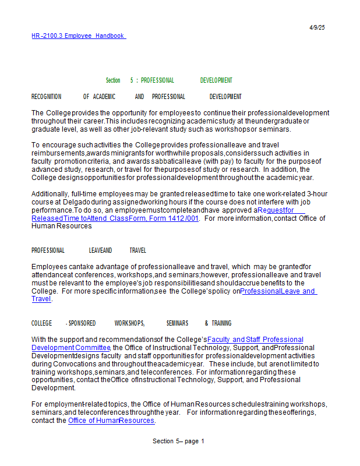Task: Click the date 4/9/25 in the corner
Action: [317, 27]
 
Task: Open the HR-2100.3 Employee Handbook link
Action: [78, 36]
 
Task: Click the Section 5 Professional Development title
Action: [168, 80]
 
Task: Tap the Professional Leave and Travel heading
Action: [89, 250]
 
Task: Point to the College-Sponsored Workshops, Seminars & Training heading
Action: [131, 323]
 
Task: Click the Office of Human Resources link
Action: [111, 421]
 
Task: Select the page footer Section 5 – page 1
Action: [178, 441]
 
